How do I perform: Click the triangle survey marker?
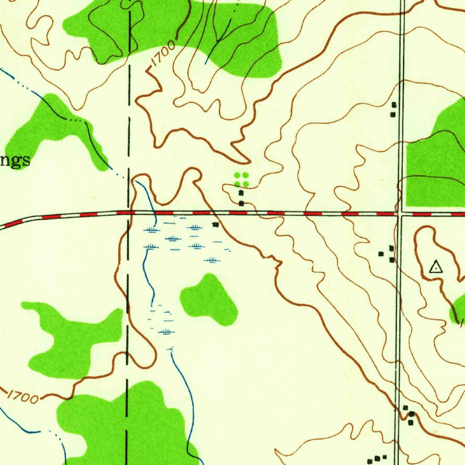(436, 267)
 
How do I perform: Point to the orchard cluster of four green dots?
(241, 179)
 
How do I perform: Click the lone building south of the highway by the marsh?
(215, 224)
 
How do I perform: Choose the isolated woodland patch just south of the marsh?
(209, 300)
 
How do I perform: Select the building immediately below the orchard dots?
(241, 193)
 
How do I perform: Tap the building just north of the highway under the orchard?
(242, 203)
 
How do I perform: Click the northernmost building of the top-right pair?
(394, 105)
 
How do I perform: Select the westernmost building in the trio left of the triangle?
(381, 254)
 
